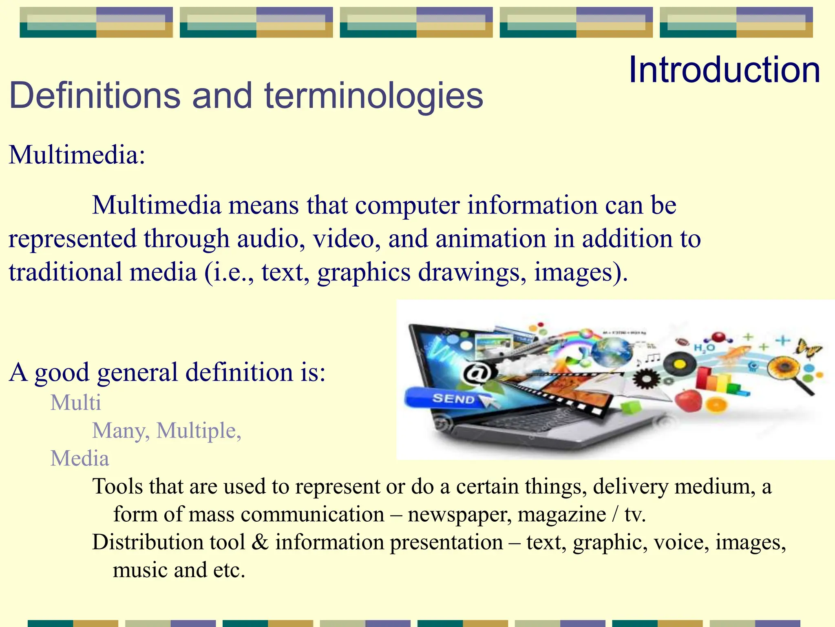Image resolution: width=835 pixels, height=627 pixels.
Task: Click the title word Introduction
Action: click(x=724, y=70)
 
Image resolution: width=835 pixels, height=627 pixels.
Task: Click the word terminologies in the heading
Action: click(x=373, y=96)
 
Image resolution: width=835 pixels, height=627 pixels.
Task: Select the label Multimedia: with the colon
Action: click(x=77, y=156)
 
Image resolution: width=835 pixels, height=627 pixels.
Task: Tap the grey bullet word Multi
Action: click(x=75, y=403)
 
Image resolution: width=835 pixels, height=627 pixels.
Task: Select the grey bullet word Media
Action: click(x=80, y=459)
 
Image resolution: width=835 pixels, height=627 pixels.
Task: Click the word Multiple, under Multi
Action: click(x=199, y=431)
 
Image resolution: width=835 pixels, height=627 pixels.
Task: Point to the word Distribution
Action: click(x=148, y=543)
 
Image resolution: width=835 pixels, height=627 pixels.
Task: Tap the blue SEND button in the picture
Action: click(x=451, y=398)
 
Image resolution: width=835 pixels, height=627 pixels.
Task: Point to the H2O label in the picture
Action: click(x=704, y=348)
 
